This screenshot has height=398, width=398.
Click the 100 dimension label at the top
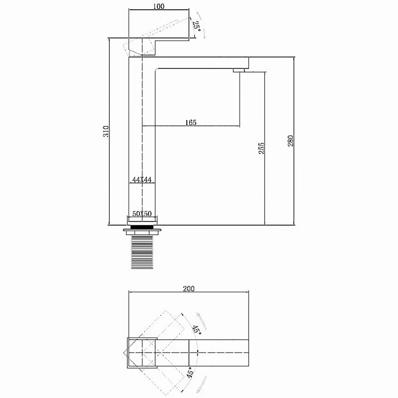coord(159,6)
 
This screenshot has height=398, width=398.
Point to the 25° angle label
coord(197,26)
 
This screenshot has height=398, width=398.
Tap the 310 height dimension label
coord(106,131)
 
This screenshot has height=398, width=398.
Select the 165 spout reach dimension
coord(191,123)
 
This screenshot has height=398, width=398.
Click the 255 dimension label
coord(261,148)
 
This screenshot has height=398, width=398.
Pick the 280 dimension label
coord(291,141)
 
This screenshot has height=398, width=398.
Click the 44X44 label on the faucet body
coord(142,180)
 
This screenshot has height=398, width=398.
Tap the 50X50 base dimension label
coord(142,214)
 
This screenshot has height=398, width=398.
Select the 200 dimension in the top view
coord(189,289)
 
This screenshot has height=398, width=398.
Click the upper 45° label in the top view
coord(197,329)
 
